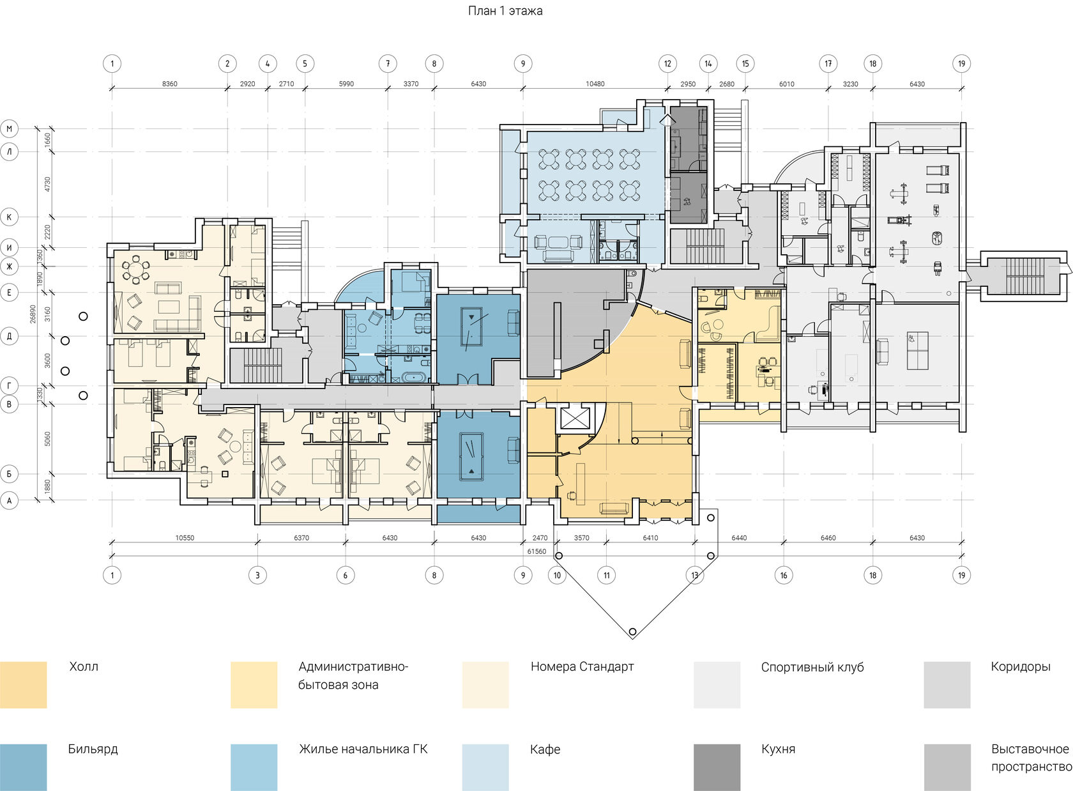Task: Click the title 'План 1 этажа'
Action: point(505,11)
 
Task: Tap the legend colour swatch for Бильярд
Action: point(24,767)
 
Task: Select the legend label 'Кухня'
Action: point(778,749)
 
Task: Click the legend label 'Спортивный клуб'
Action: point(812,667)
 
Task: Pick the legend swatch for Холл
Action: point(24,685)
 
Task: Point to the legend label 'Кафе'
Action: point(545,749)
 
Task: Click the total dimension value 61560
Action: point(536,551)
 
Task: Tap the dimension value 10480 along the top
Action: point(595,84)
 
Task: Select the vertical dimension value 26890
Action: point(33,314)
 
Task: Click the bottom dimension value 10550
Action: point(185,538)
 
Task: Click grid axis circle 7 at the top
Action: point(388,63)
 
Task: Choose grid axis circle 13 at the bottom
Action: point(695,576)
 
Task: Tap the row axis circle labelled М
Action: point(9,129)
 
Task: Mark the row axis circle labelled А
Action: point(9,501)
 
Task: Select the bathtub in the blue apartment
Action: point(412,378)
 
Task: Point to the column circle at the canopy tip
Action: point(632,631)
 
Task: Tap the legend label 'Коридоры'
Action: point(1021,666)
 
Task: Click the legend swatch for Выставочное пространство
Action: point(947,767)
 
